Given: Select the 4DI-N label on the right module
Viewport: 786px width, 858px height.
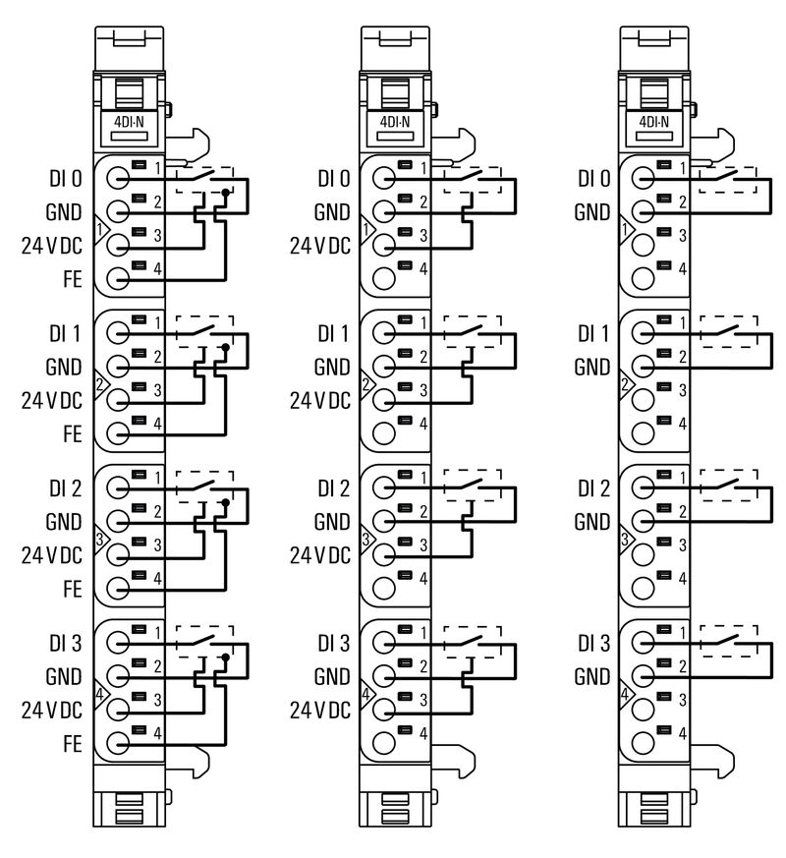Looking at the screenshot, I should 653,123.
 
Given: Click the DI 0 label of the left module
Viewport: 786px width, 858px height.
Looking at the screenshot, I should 64,179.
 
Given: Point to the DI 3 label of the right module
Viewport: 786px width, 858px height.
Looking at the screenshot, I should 593,644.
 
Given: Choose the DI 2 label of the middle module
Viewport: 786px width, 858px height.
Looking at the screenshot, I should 333,488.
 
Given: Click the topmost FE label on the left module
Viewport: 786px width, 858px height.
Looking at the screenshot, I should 71,279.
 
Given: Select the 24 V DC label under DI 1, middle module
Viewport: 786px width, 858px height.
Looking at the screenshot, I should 320,400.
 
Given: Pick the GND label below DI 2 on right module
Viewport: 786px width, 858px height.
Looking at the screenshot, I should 592,521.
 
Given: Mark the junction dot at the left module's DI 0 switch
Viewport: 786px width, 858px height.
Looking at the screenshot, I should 226,193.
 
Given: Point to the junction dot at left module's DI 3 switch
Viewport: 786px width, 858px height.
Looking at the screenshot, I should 226,657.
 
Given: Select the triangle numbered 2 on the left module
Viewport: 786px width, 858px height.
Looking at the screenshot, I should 100,383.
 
